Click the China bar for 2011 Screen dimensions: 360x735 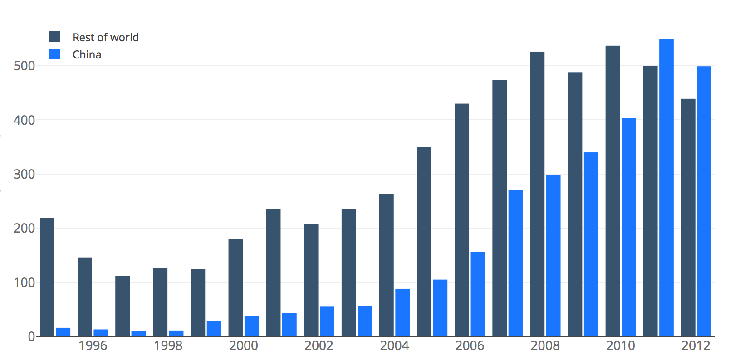coord(666,188)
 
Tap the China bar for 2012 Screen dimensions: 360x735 coord(704,201)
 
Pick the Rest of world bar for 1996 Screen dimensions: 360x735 coord(85,297)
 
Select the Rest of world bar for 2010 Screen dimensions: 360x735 coord(612,191)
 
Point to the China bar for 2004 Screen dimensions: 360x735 coord(402,312)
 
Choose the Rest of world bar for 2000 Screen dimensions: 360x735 coord(235,287)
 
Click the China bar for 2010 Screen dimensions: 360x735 coord(628,227)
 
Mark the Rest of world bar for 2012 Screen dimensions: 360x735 coord(688,218)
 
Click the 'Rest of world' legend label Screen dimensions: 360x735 coord(106,37)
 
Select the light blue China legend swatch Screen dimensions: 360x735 coord(54,54)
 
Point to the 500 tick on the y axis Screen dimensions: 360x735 coord(24,66)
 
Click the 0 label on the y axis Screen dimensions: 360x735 coord(31,336)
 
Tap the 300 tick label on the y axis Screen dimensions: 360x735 coord(24,174)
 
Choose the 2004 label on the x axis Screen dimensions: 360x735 coord(394,346)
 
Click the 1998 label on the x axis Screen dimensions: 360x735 coord(168,346)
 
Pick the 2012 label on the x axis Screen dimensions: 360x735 coord(696,346)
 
